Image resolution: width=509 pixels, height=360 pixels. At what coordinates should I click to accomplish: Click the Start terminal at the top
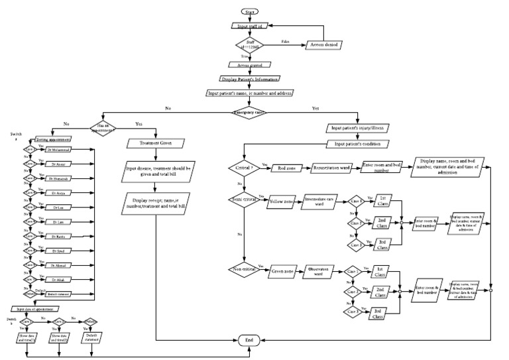[x=250, y=12]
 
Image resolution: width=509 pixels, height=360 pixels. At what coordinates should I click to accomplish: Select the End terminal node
[x=250, y=341]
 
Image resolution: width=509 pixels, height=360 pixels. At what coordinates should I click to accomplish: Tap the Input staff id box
[x=250, y=26]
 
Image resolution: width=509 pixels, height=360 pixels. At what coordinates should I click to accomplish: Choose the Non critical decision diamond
[x=245, y=269]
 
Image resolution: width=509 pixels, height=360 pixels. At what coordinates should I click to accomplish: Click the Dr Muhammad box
[x=61, y=150]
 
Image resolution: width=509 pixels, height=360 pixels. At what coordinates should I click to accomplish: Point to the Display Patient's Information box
[x=250, y=79]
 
